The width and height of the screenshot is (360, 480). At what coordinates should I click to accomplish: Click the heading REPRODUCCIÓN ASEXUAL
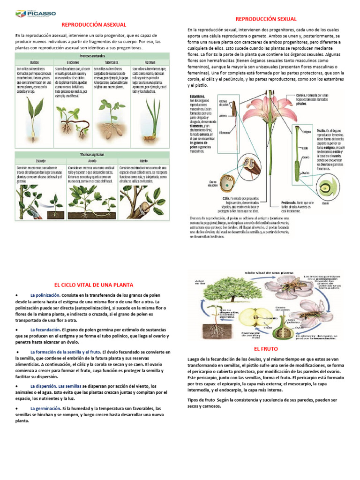[x=94, y=24]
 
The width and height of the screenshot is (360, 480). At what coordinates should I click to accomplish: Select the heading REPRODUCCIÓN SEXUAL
[x=266, y=19]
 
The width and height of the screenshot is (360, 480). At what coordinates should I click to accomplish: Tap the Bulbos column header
[x=34, y=62]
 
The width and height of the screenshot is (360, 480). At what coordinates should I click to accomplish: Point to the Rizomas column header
[x=150, y=62]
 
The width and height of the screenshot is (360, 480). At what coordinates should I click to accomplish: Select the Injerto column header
[x=143, y=160]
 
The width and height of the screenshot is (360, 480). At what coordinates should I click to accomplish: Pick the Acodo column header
[x=92, y=160]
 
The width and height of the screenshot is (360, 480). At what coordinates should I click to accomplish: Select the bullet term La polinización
[x=45, y=295]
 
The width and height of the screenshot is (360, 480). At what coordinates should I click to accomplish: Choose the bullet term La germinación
[x=46, y=408]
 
